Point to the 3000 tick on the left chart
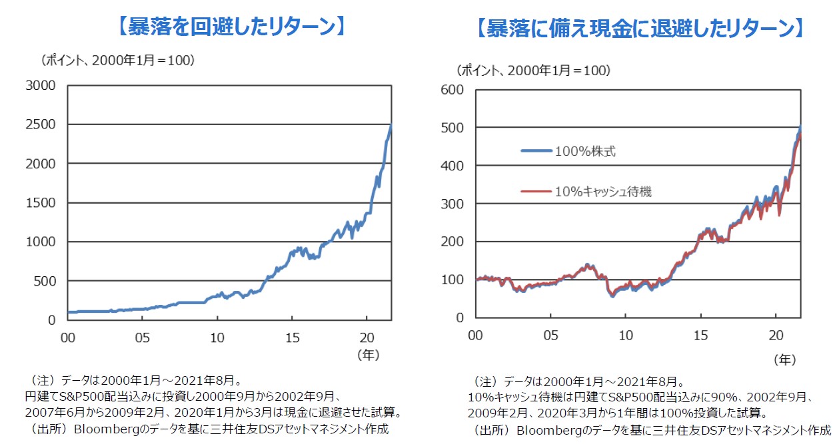41,85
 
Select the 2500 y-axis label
41,124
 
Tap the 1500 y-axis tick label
41,203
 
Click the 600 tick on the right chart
454,89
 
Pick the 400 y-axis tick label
454,166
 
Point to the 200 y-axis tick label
454,242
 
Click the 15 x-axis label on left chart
292,337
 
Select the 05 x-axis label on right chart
550,334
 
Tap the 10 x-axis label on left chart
217,337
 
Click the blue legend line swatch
536,151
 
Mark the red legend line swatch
536,192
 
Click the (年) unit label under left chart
368,355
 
